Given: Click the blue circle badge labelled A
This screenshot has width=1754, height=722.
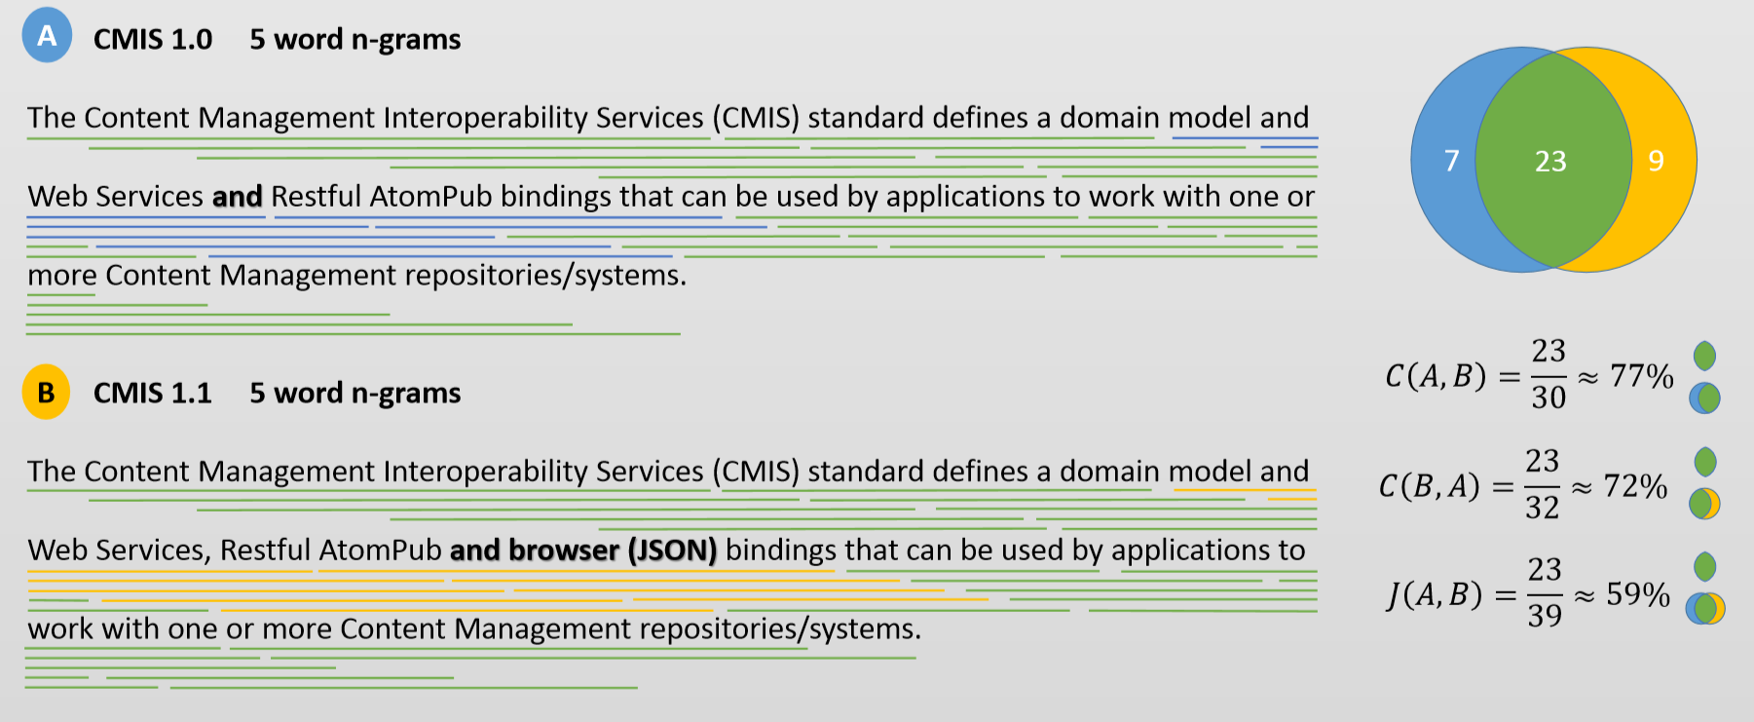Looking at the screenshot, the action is [47, 36].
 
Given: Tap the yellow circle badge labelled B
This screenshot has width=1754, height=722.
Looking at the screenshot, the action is [46, 392].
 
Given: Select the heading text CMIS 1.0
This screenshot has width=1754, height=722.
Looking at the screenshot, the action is [153, 39].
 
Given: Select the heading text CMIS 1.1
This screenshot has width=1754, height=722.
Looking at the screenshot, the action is [153, 393].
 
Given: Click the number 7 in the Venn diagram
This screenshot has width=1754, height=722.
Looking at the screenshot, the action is [1451, 160].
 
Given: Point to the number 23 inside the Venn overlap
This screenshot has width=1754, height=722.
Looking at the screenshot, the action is [1550, 161].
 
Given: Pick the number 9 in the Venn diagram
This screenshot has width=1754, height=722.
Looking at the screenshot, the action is [1656, 160].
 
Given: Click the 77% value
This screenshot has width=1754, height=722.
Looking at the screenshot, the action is [1642, 375].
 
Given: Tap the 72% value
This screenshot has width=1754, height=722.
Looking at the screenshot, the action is [1636, 485].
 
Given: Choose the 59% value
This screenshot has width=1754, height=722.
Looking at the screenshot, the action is [1638, 593].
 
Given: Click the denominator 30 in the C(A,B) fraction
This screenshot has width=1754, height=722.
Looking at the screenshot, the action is [1549, 397].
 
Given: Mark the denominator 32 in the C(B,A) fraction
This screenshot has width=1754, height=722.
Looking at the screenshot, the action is [1543, 507].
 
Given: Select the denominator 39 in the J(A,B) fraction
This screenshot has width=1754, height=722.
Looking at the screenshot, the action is [1545, 615].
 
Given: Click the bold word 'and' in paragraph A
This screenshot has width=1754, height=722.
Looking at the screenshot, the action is [238, 197].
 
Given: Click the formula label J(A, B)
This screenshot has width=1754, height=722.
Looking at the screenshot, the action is [1436, 594].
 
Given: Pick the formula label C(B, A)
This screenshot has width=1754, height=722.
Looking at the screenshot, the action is [1430, 485].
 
